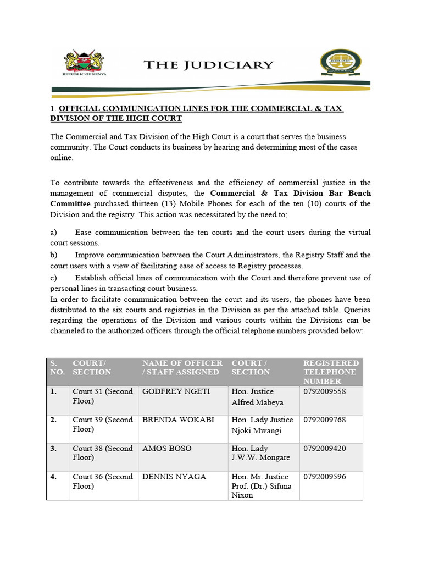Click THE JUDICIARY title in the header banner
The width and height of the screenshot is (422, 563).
(208, 65)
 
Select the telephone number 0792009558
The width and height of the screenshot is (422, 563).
(324, 391)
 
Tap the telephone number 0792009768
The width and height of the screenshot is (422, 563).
(324, 420)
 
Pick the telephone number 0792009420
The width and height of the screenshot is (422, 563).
(324, 449)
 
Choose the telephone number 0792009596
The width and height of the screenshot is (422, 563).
(324, 477)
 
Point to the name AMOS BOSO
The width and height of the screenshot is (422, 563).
(166, 449)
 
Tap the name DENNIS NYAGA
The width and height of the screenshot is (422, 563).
(174, 477)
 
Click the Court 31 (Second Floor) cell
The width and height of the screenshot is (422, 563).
(103, 396)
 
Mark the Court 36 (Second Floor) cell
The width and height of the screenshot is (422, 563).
(103, 482)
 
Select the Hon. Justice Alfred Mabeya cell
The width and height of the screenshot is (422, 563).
(258, 397)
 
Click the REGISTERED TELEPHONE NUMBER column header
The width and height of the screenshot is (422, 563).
(331, 372)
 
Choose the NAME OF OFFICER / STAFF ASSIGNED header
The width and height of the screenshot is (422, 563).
(182, 368)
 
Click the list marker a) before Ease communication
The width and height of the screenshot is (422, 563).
(54, 233)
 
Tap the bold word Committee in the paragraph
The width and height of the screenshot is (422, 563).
(74, 203)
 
